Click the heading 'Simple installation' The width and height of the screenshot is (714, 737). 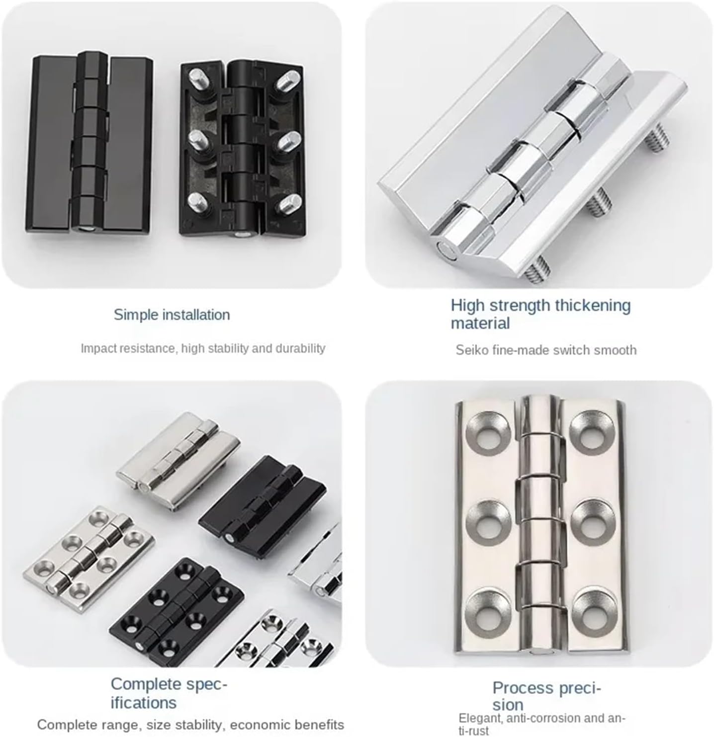(172, 315)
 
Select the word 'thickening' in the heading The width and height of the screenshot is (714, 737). (592, 305)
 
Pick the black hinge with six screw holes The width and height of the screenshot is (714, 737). (177, 609)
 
